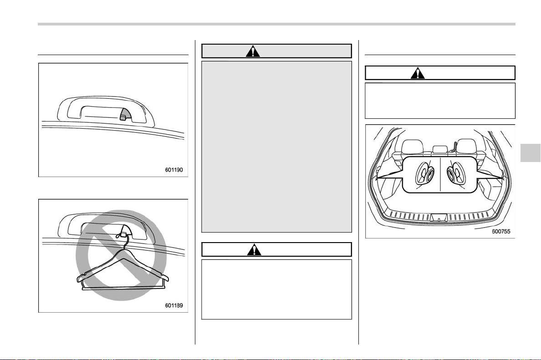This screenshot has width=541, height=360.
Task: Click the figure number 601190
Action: click(x=174, y=170)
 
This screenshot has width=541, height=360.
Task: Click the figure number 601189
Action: click(x=174, y=305)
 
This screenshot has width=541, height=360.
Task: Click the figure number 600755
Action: click(x=501, y=232)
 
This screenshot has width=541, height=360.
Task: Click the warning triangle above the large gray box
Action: click(x=253, y=51)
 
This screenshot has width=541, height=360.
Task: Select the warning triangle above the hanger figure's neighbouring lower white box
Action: click(x=254, y=249)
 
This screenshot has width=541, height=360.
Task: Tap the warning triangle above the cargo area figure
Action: click(x=418, y=73)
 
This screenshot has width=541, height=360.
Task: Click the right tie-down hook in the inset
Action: click(x=456, y=173)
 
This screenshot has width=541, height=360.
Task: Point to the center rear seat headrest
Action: click(x=439, y=149)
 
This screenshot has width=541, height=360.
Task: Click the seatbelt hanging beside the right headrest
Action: click(x=453, y=147)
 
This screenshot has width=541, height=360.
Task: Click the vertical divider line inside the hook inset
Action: click(x=441, y=174)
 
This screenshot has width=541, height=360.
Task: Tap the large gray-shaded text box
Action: click(x=276, y=147)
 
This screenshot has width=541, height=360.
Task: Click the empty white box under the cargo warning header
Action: click(x=440, y=101)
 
